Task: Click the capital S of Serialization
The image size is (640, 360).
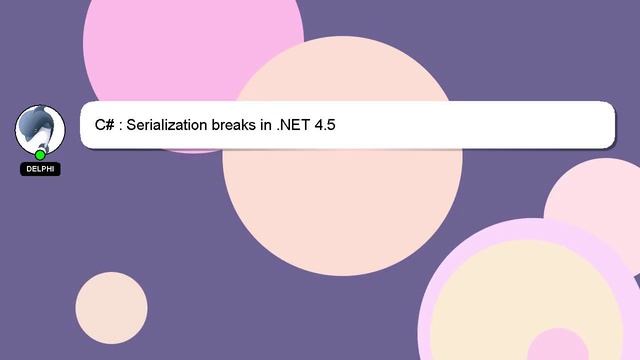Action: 131,126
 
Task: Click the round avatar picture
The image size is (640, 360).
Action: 40,129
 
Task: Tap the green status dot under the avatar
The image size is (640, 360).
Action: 40,154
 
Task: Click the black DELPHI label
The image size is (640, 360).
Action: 40,169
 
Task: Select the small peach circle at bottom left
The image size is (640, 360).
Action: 111,308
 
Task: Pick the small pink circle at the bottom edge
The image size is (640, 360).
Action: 557,348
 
